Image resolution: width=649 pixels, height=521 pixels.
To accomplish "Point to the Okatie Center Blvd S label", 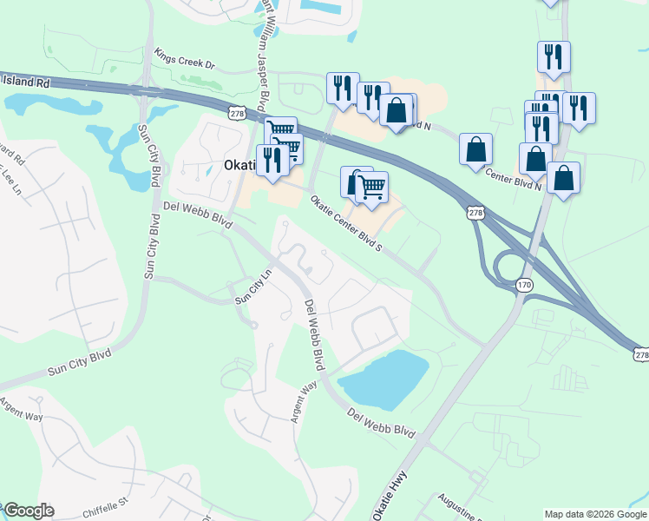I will (346, 223).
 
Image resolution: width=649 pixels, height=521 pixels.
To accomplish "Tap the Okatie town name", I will (239, 164).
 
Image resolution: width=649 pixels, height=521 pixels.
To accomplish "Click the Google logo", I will (29, 511).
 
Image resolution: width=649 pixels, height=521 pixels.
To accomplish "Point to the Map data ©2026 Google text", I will (595, 514).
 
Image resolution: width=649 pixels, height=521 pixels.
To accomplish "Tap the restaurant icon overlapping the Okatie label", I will (272, 159).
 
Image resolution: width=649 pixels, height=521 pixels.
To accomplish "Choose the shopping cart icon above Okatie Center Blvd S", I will (371, 186).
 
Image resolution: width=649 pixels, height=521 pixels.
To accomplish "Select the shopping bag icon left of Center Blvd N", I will (475, 148).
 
